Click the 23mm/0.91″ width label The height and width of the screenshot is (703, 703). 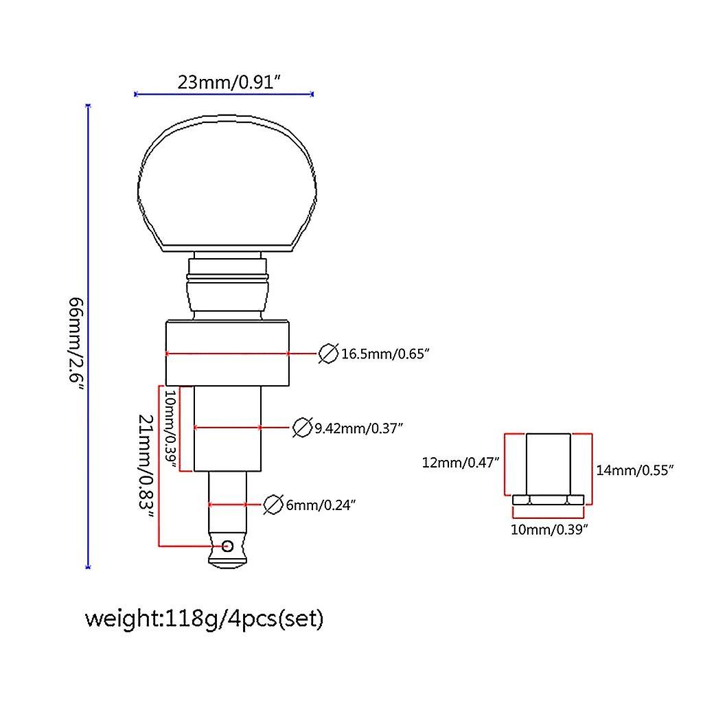(230, 82)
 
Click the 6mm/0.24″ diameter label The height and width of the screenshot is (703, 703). (319, 505)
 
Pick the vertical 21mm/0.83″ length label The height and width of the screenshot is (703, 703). (145, 467)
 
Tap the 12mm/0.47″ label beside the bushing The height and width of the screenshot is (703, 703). (461, 462)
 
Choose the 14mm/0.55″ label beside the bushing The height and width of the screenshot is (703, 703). (635, 470)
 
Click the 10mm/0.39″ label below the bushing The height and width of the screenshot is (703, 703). (548, 529)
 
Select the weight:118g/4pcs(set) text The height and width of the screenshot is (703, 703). (204, 619)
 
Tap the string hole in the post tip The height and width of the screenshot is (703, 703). (227, 546)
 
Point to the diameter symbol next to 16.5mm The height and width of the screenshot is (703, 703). (328, 354)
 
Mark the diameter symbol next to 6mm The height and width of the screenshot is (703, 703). (273, 505)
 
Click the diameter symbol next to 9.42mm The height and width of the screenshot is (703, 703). (301, 427)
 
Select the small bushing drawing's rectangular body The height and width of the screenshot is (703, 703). (548, 464)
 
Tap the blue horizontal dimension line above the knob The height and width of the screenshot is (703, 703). (224, 94)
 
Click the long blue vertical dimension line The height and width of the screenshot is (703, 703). (88, 336)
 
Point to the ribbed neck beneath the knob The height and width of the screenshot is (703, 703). (227, 285)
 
